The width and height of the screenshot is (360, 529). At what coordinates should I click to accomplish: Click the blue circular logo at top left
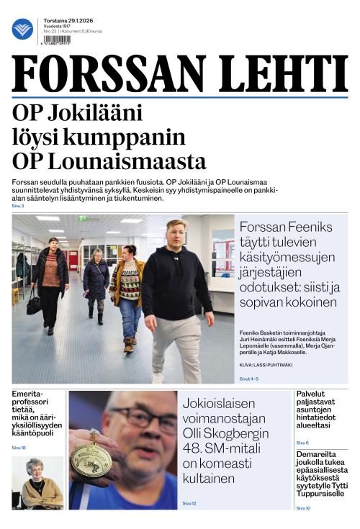[22, 30]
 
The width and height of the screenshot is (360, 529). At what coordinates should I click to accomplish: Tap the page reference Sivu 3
[18, 207]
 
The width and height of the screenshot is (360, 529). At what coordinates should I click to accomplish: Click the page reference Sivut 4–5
[249, 379]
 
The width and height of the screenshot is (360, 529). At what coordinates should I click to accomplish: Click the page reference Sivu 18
[19, 448]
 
